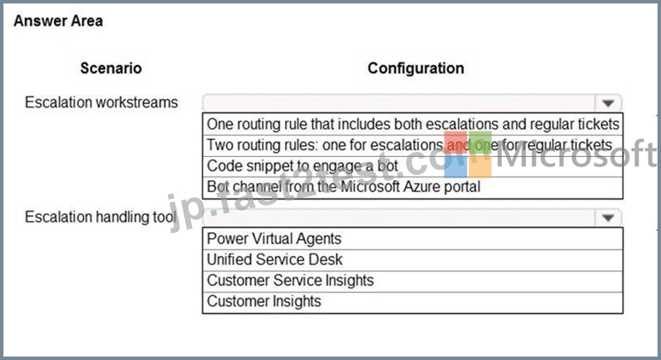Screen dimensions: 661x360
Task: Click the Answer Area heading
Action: coord(58,20)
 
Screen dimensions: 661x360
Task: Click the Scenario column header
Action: coord(111,68)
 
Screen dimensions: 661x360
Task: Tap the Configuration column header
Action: coord(415,68)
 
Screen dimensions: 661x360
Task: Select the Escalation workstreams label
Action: coord(101,102)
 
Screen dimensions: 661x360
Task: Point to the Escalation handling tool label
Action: coord(101,217)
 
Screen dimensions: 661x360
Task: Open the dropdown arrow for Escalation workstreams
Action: coord(608,103)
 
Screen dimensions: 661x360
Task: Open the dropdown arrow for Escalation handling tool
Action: coord(608,218)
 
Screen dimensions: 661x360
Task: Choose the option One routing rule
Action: coord(413,124)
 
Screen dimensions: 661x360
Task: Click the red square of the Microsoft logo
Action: coord(455,143)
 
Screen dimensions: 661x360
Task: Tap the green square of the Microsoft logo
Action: coord(480,143)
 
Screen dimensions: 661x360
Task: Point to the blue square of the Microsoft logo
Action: coord(455,167)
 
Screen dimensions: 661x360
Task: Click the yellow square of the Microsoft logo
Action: coord(480,167)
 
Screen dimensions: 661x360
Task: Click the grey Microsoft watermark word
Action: coord(577,154)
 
